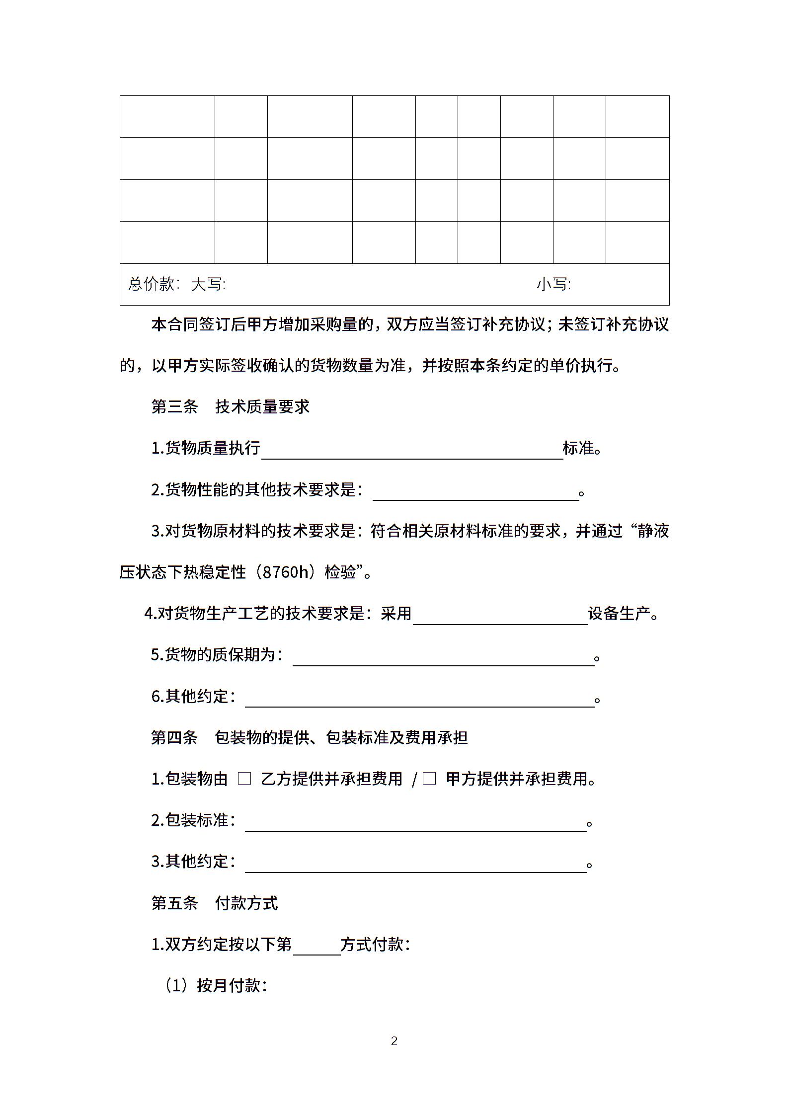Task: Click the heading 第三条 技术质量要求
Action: [x=230, y=406]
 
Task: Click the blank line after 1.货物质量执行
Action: [x=412, y=451]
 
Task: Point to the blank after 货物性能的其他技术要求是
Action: [x=475, y=492]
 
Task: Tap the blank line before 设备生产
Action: [x=500, y=617]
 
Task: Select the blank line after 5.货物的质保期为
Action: [x=443, y=658]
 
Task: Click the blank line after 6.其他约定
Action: [x=419, y=699]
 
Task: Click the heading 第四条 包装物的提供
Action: [x=309, y=737]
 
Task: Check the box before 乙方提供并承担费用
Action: [x=244, y=779]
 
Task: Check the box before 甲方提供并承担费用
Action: [x=429, y=779]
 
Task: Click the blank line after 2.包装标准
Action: [x=415, y=823]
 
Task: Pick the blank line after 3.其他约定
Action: [x=415, y=865]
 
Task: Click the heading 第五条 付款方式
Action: [x=214, y=903]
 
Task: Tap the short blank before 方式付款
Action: [x=316, y=948]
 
